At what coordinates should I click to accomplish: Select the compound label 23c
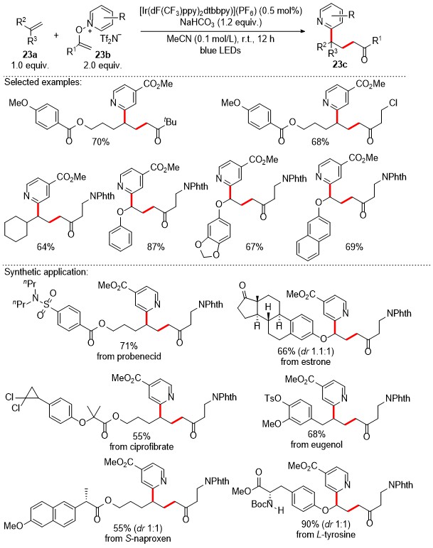[x=339, y=65]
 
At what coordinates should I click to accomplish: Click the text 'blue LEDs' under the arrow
[x=220, y=50]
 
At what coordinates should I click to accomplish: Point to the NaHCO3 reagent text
[x=220, y=23]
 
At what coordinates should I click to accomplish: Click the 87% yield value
[x=156, y=247]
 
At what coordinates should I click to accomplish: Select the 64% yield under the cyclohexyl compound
[x=46, y=247]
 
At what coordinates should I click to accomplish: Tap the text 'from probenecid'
[x=129, y=357]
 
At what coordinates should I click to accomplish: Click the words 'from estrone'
[x=305, y=361]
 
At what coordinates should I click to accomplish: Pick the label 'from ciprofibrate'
[x=141, y=446]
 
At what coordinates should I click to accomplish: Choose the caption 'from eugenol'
[x=316, y=444]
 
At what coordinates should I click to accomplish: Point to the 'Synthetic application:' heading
[x=45, y=272]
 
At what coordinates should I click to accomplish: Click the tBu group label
[x=171, y=121]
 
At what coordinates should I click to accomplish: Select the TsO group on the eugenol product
[x=274, y=398]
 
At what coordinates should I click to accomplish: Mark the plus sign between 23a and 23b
[x=56, y=35]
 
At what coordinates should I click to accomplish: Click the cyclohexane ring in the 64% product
[x=16, y=228]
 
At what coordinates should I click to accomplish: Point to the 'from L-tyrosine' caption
[x=326, y=535]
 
